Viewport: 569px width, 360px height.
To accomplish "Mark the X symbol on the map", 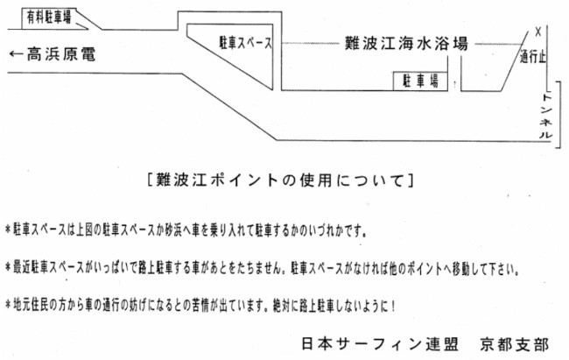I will (x=537, y=30).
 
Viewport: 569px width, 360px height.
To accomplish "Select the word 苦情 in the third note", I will (x=194, y=307).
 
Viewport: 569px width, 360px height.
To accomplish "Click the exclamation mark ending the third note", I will (x=396, y=307).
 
